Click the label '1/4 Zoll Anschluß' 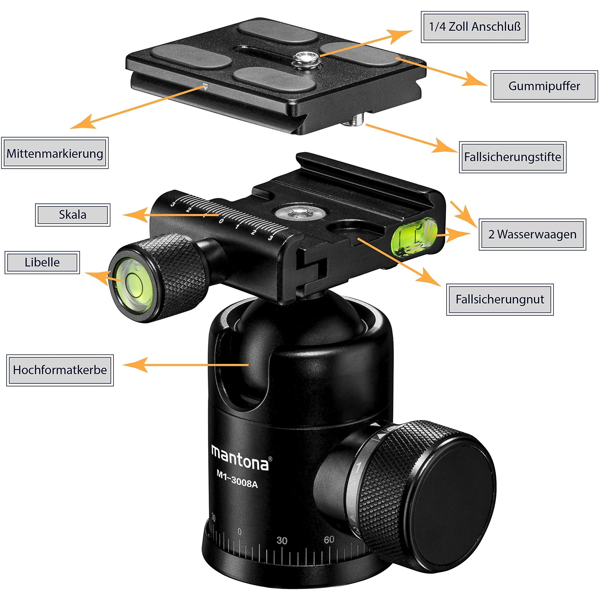coord(474,27)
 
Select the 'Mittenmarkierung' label coord(55,153)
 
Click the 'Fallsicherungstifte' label coord(512,157)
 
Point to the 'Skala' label coord(72,215)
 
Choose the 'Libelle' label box coord(42,262)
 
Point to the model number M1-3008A coord(237,482)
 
